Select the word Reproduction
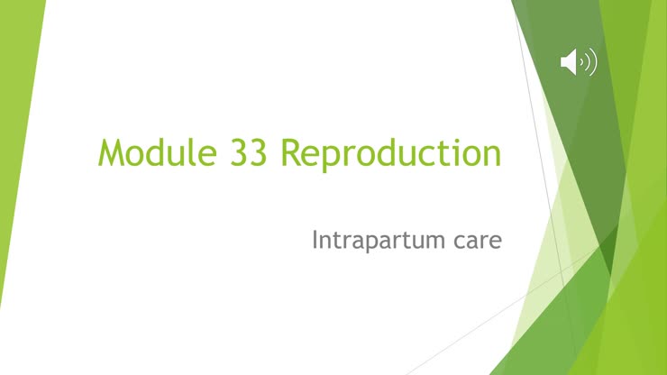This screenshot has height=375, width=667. pos(390,153)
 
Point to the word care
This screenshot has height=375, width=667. pos(475,242)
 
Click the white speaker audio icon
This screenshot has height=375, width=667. pos(578,62)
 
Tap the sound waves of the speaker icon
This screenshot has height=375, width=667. pos(589,62)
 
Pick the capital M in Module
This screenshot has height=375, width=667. pos(113,152)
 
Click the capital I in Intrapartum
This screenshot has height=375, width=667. pos(315,241)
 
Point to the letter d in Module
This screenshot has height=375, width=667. pos(158,152)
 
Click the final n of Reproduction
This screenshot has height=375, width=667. pos(491,154)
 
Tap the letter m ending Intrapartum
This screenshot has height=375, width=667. pos(436,242)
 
